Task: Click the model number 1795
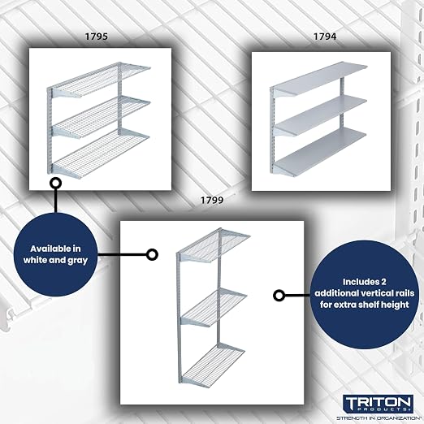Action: [97, 37]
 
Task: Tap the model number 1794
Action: [325, 37]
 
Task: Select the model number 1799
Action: [212, 201]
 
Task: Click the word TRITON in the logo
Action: [379, 401]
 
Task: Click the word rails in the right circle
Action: [403, 293]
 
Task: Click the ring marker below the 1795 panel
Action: [55, 184]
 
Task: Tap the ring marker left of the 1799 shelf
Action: [152, 254]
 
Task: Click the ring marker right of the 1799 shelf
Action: [279, 295]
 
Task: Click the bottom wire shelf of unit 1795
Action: [100, 154]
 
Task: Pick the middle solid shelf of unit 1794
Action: [320, 116]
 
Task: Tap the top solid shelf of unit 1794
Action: [319, 79]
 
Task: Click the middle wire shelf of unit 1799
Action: [214, 307]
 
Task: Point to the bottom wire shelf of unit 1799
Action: [214, 364]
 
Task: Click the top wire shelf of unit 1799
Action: [214, 246]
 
